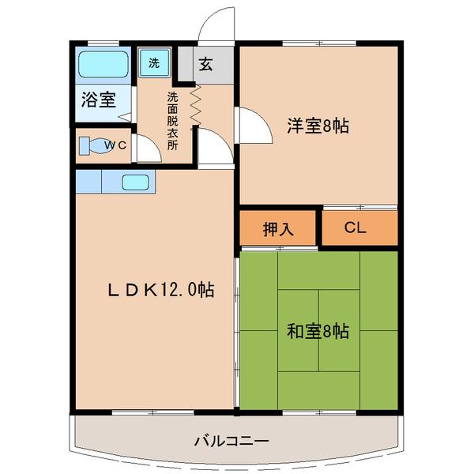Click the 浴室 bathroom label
click(x=98, y=100)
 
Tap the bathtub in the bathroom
click(x=103, y=63)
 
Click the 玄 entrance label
click(x=205, y=65)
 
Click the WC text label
click(x=116, y=145)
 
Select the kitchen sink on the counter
click(x=138, y=182)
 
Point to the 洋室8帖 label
click(x=318, y=125)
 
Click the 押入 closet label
click(x=278, y=229)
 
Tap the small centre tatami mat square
click(x=318, y=329)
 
